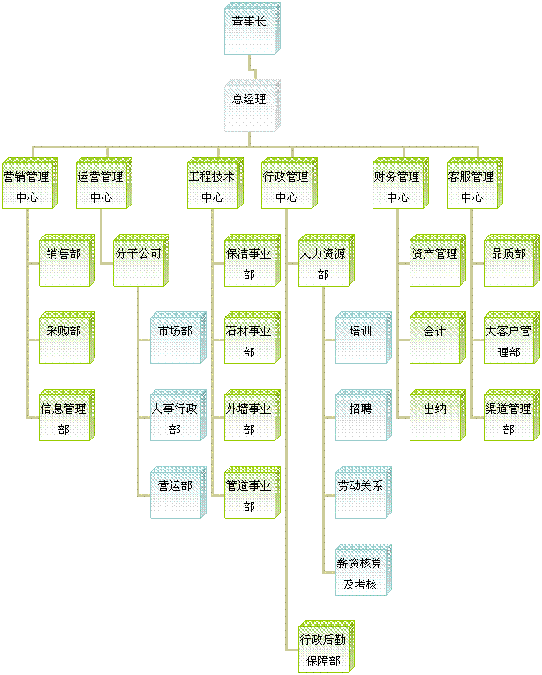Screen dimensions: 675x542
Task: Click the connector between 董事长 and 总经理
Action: (252, 67)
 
